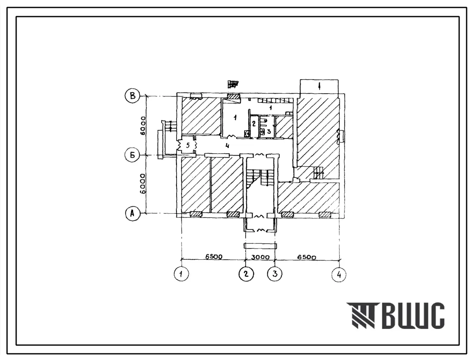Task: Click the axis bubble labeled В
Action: click(x=133, y=96)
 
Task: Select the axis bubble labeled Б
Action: click(x=133, y=155)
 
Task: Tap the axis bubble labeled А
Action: click(x=133, y=213)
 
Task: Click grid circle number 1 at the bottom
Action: click(x=182, y=274)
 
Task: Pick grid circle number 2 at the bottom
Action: click(x=246, y=274)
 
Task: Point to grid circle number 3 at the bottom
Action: click(x=275, y=274)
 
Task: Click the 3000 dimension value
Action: click(x=260, y=257)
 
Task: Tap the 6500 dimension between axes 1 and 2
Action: click(x=214, y=256)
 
